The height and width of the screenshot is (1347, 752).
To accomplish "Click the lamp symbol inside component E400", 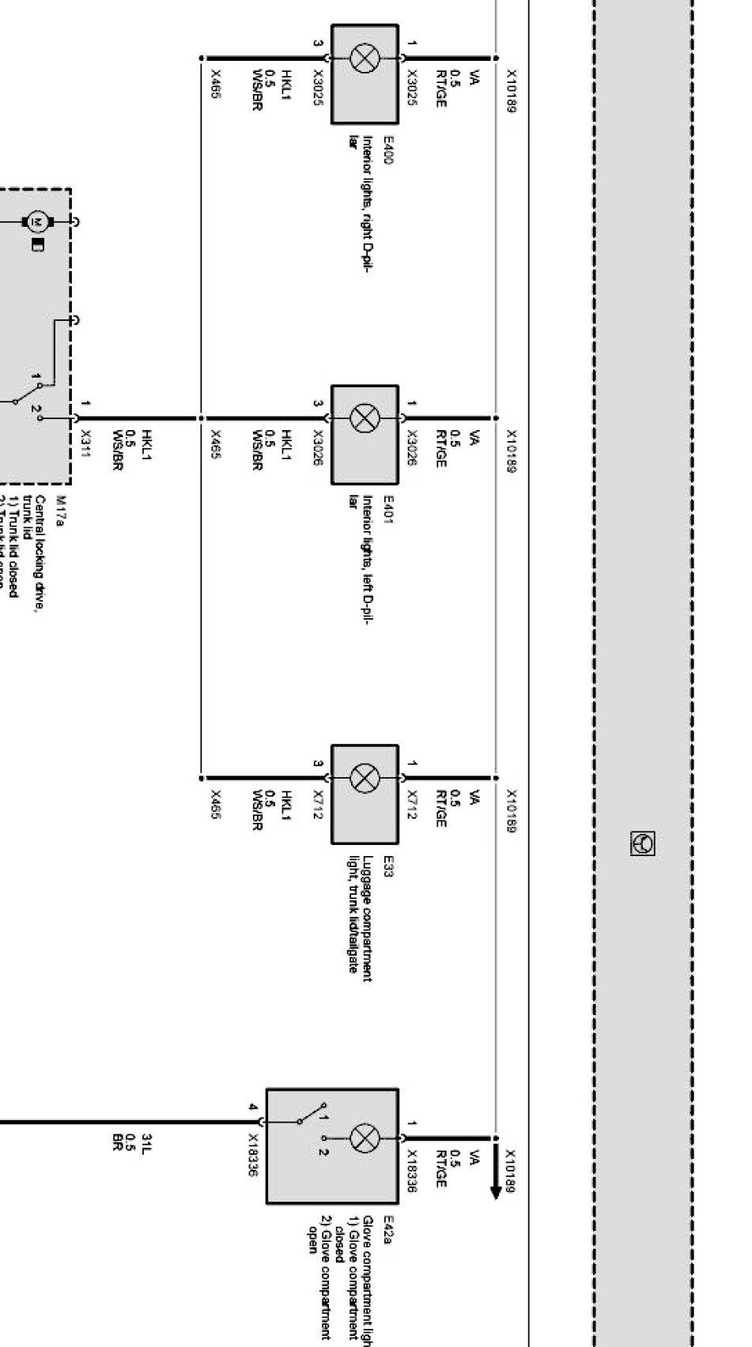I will point(365,58).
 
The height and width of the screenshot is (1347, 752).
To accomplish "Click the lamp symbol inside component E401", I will point(365,418).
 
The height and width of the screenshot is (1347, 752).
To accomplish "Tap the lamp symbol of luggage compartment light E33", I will point(365,777).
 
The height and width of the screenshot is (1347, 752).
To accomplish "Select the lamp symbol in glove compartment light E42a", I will point(365,1139).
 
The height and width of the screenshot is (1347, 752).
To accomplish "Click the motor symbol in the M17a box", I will point(36,222).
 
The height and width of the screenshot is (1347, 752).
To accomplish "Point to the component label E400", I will point(387,150).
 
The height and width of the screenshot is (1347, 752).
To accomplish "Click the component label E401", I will point(387,510).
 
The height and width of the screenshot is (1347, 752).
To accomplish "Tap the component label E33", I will point(387,866).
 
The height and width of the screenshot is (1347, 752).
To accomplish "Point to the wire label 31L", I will point(147,1141).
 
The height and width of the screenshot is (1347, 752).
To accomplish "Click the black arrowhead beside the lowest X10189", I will point(496,1190).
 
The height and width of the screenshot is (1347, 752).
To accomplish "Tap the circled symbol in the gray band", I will point(643,843).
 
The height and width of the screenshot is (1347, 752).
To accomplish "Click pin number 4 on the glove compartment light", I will point(253,1107).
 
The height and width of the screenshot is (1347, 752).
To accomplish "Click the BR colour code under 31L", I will point(119,1141).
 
